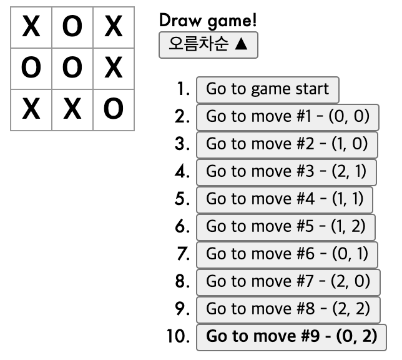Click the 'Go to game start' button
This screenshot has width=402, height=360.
click(x=267, y=89)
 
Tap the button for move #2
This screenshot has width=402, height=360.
click(x=287, y=144)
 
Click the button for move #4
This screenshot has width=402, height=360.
click(x=284, y=199)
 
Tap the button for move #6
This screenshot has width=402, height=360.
click(x=287, y=254)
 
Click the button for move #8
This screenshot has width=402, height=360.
click(x=288, y=309)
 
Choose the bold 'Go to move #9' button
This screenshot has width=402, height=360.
click(x=292, y=337)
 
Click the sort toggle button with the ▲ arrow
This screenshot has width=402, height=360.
click(x=208, y=46)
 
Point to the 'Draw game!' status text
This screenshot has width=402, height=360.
click(x=208, y=20)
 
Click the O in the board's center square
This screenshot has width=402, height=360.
click(x=72, y=68)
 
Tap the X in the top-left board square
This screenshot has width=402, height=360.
click(x=31, y=27)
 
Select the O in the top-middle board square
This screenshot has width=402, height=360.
click(x=72, y=27)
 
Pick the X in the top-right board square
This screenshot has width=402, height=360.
click(x=114, y=27)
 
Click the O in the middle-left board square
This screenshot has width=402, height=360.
click(x=31, y=68)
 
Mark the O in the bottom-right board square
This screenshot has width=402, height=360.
click(x=114, y=109)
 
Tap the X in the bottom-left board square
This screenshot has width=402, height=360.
click(x=31, y=109)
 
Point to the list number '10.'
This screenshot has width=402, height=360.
click(x=178, y=337)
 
